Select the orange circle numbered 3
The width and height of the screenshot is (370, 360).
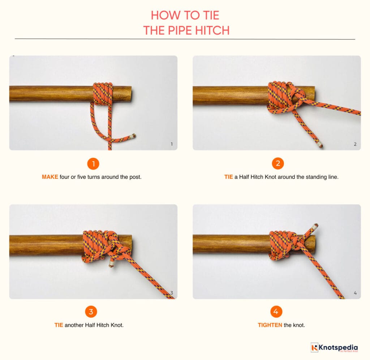click(91, 312)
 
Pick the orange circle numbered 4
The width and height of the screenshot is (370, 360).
click(276, 312)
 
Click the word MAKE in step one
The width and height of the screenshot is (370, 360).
click(50, 177)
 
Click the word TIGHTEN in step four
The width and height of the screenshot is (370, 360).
click(270, 325)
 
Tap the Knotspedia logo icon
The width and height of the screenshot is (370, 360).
click(314, 348)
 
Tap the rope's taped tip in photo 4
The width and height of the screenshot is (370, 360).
click(315, 227)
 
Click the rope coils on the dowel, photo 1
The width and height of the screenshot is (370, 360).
click(103, 94)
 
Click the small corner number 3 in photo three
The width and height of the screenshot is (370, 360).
click(172, 293)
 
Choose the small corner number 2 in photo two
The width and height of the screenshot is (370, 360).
click(355, 144)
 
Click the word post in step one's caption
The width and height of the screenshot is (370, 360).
click(139, 177)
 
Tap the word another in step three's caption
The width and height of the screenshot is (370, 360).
click(74, 325)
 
